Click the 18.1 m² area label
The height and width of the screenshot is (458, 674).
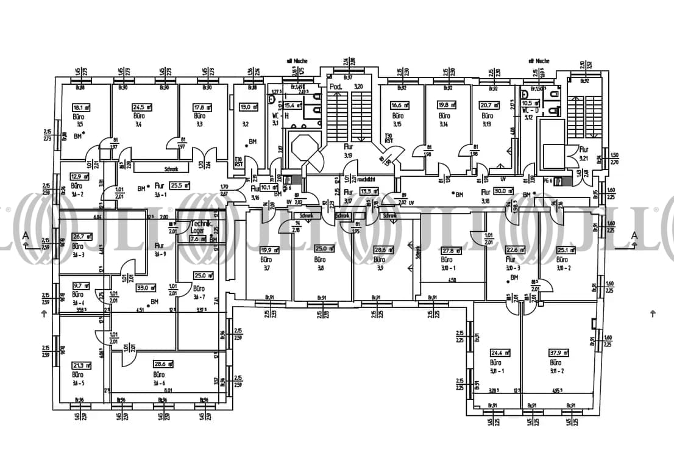tap(78, 107)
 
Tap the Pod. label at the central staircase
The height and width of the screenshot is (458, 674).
tap(335, 87)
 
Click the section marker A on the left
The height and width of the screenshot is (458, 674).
tap(24, 235)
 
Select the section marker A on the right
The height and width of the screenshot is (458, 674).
tap(634, 235)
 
